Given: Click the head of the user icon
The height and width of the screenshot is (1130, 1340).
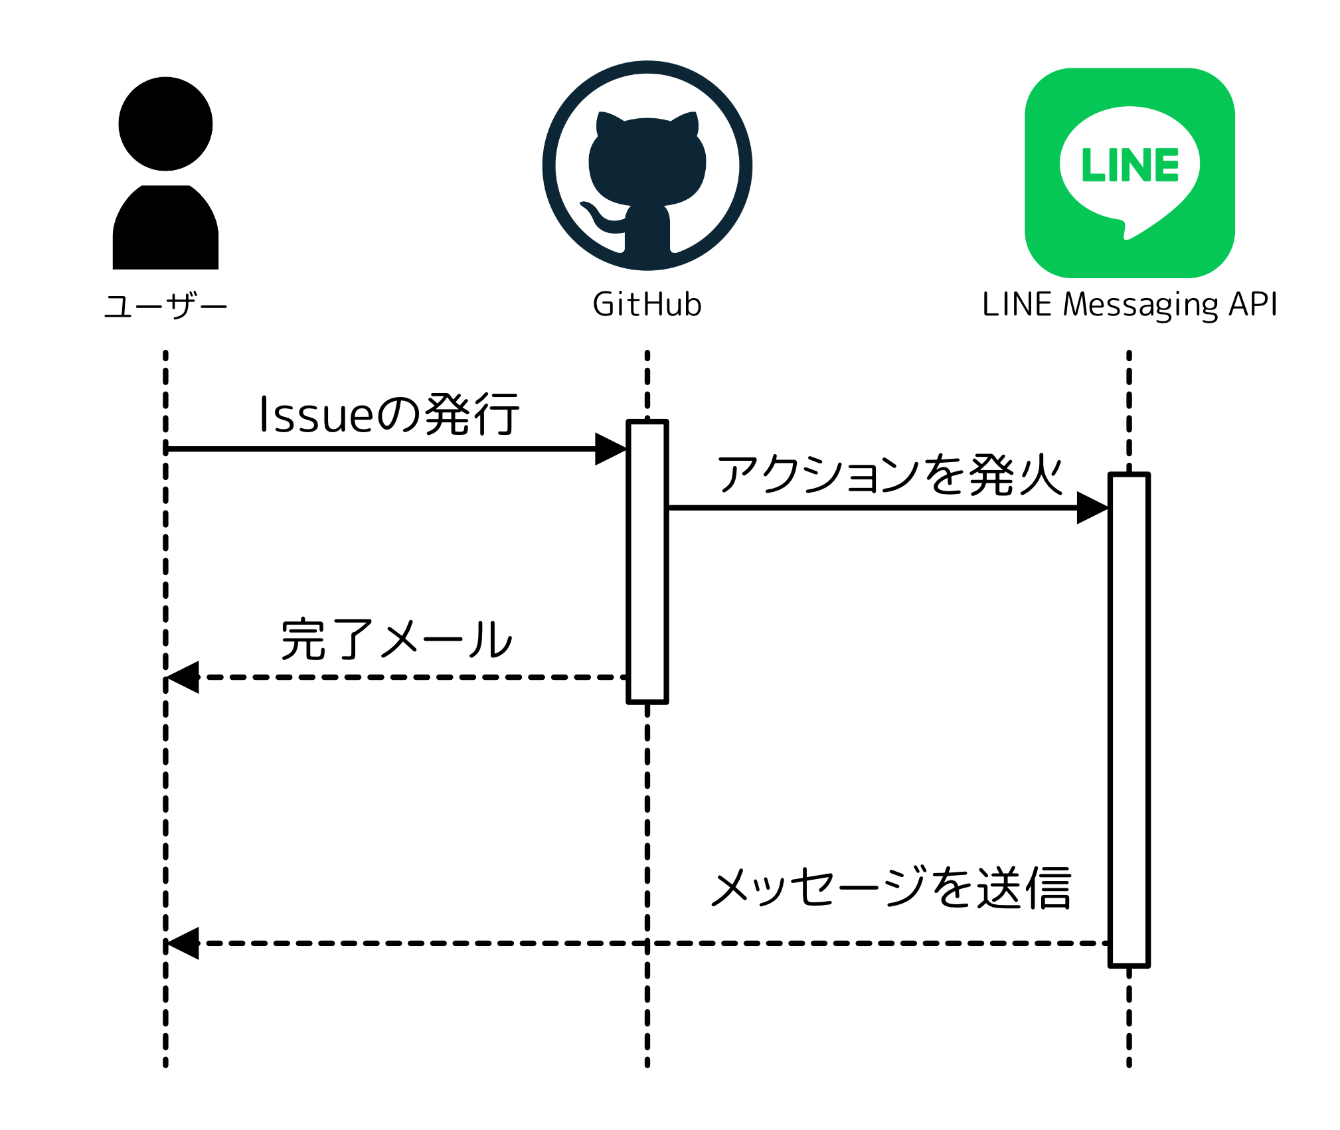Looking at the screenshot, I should [x=165, y=124].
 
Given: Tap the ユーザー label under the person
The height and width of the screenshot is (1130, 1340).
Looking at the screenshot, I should [x=165, y=307].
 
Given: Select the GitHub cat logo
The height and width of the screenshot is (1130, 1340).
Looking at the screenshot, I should [x=647, y=166].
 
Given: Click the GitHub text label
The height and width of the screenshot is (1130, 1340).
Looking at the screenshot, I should [x=647, y=305].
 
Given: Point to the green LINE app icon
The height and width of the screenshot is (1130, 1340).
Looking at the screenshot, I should [x=1129, y=173].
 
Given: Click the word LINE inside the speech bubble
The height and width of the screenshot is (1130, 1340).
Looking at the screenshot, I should [x=1130, y=165].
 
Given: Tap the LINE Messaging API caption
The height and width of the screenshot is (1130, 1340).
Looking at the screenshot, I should [x=1129, y=305].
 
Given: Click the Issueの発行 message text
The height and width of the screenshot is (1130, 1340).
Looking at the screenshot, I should [x=389, y=415].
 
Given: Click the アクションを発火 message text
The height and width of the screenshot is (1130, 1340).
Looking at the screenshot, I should [x=890, y=475].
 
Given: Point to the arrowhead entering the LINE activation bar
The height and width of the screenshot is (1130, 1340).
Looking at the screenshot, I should [x=1092, y=508].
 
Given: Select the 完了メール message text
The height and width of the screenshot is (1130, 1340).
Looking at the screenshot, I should [x=396, y=640].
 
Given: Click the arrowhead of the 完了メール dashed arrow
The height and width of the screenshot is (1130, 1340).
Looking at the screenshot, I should [x=183, y=677].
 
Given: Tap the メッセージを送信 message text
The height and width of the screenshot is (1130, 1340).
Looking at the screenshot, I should [x=891, y=888].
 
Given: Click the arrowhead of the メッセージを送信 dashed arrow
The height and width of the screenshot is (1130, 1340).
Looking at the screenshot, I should [x=183, y=943].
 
